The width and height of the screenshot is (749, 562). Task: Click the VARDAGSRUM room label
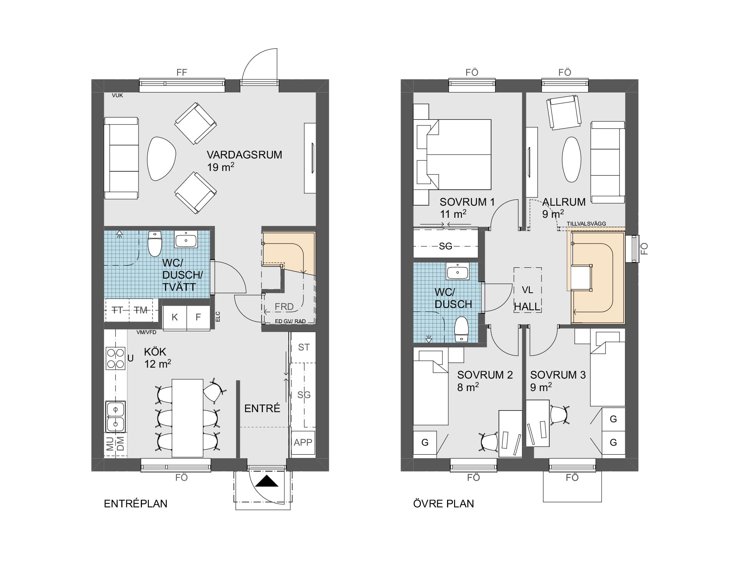(x=244, y=155)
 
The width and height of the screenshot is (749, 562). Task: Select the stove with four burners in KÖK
(x=115, y=358)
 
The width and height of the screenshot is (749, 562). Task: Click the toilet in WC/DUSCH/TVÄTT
(x=155, y=243)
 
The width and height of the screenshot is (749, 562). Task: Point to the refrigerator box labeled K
(x=175, y=317)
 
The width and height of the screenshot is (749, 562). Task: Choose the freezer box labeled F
(x=198, y=317)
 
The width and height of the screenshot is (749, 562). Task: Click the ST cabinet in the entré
(x=304, y=347)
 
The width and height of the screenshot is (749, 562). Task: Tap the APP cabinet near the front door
(x=303, y=443)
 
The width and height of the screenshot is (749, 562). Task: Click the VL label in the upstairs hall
(x=527, y=290)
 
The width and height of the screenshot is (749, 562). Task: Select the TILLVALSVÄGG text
(x=586, y=224)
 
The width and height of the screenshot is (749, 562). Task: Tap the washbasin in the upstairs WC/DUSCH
(x=458, y=271)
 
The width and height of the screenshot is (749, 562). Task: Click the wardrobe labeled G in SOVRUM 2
(x=425, y=443)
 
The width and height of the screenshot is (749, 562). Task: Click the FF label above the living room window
(x=182, y=73)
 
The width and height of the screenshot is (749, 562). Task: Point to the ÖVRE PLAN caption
(x=444, y=504)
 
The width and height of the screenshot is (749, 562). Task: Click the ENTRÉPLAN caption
(x=136, y=504)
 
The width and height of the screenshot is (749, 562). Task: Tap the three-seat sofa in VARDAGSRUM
(x=121, y=158)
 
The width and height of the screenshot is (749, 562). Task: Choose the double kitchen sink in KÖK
(x=115, y=417)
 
